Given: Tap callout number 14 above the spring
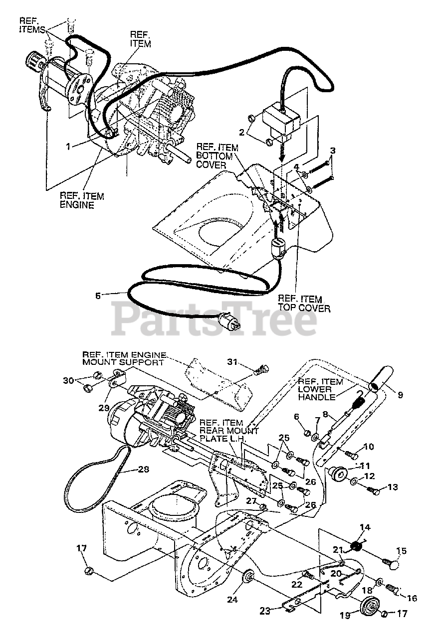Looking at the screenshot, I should click(365, 527).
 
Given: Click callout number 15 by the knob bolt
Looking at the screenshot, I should click(401, 551).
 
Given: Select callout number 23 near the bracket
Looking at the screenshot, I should click(266, 610).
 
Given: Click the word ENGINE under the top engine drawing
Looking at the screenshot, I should click(77, 204).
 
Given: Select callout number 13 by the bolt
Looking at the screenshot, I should click(390, 486).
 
